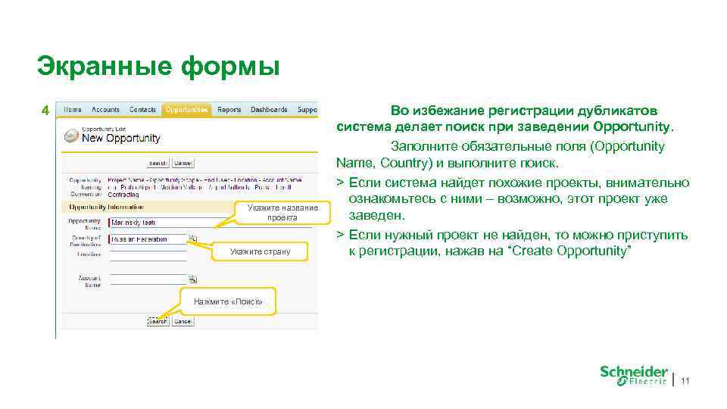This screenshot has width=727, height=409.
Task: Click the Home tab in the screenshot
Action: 73,110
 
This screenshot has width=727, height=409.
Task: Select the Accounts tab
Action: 105,110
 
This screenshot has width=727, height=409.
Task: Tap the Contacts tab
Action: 142,110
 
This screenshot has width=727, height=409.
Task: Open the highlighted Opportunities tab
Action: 186,110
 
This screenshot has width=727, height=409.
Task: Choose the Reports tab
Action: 229,110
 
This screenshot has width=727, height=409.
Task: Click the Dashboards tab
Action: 269,110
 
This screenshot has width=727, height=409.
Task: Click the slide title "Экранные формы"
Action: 158,66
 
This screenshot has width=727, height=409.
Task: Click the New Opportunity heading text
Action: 121,138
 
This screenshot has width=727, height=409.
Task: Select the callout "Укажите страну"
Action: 260,251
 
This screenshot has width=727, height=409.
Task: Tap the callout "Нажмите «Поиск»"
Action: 228,301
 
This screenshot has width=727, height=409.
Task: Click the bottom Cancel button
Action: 182,321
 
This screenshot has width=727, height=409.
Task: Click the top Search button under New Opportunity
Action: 158,163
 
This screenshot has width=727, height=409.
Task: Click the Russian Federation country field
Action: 148,239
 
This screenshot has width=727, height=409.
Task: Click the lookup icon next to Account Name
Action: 192,279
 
